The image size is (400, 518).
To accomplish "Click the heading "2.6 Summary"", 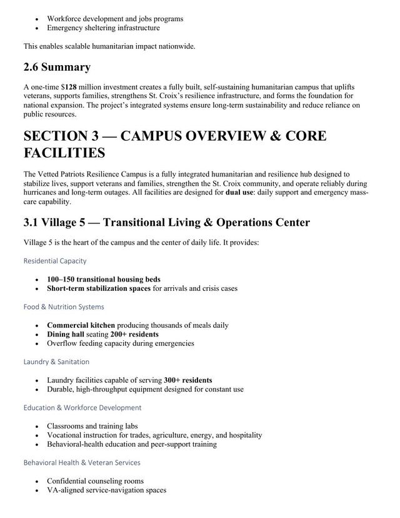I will coord(57,67).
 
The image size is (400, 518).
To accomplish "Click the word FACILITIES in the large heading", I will coord(64,153).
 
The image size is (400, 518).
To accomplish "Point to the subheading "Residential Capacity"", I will coord(55,260).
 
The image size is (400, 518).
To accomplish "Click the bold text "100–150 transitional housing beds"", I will coord(103,279).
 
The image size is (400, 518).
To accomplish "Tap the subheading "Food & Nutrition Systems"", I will coord(64,307).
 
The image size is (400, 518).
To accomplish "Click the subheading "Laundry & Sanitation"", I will coord(56,362).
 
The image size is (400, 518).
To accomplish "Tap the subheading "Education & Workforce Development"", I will coord(82,407).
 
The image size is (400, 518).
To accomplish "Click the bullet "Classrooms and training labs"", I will coord(92,426).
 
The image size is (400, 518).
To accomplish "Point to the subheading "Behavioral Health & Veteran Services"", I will coord(82,462).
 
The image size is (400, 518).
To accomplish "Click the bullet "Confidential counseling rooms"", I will coord(95,481).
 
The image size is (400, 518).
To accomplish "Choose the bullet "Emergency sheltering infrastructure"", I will coord(103,28).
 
